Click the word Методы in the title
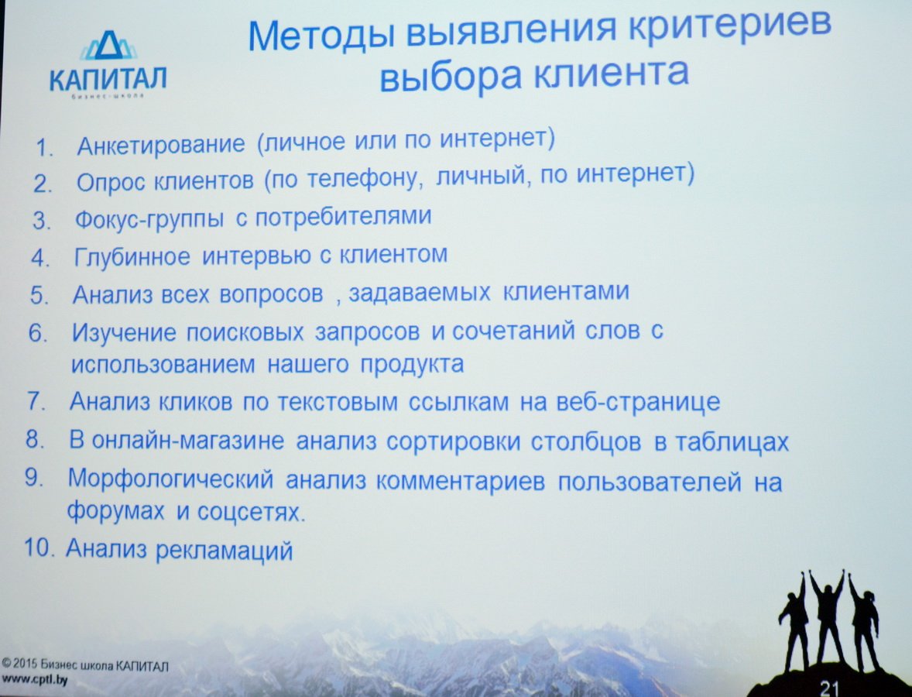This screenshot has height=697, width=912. point(321,35)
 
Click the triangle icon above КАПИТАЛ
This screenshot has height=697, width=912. point(108,46)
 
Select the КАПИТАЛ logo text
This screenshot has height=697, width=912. point(108,78)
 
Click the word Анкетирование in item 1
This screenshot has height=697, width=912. point(160,145)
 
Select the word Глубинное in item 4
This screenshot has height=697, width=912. point(132,256)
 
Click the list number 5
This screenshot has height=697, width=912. point(39,295)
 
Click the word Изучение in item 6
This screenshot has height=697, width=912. point(123,333)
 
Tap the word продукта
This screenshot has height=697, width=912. point(413,365)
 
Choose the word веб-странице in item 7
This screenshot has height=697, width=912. point(638,402)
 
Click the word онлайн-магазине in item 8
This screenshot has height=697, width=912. point(188,441)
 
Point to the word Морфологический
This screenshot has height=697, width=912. point(170,480)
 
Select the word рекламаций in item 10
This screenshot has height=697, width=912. point(225,551)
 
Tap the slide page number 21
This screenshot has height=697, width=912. point(828,688)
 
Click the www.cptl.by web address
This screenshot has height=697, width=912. point(35,679)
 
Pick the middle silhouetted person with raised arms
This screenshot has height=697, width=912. point(827,617)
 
